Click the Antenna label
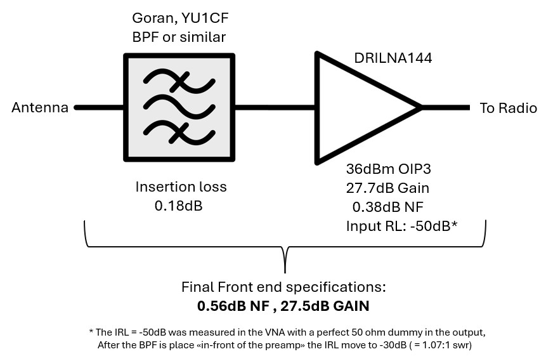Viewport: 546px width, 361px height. pyautogui.click(x=40, y=107)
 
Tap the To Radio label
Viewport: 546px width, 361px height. pyautogui.click(x=508, y=108)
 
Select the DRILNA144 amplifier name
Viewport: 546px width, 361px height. pyautogui.click(x=393, y=58)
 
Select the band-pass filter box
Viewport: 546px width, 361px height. pyautogui.click(x=179, y=107)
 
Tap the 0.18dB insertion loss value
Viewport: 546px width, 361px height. pyautogui.click(x=179, y=206)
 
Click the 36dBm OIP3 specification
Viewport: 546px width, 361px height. pyautogui.click(x=389, y=169)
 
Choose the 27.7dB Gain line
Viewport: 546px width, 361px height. pyautogui.click(x=387, y=188)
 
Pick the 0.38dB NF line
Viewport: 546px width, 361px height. pyautogui.click(x=388, y=207)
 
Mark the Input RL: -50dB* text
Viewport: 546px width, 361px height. pyautogui.click(x=401, y=226)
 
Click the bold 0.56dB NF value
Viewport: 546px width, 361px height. pyautogui.click(x=233, y=306)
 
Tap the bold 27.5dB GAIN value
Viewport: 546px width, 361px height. pyautogui.click(x=325, y=306)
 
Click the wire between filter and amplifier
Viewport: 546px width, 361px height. pyautogui.click(x=275, y=107)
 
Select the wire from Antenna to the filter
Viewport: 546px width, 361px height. pyautogui.click(x=99, y=107)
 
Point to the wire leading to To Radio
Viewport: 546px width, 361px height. pyautogui.click(x=445, y=108)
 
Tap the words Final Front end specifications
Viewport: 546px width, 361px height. pyautogui.click(x=284, y=287)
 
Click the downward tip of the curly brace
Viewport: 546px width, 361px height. pyautogui.click(x=285, y=272)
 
